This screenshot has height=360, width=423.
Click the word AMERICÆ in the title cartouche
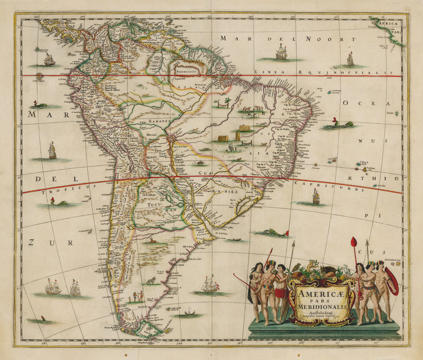(320, 290)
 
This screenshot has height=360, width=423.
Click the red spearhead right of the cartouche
(354, 242)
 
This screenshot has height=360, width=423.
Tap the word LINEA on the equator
(266, 72)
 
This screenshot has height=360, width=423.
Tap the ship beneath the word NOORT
(281, 53)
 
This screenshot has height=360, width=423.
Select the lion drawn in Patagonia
(150, 281)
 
